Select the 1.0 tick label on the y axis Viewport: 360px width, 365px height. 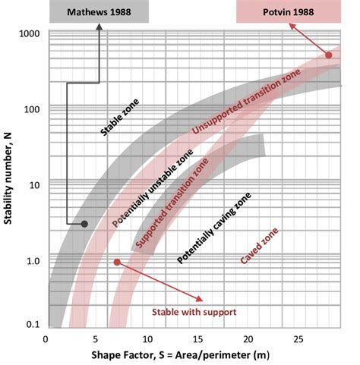[x=32, y=262]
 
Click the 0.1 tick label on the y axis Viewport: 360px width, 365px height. [x=32, y=325]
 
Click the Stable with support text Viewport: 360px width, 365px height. [x=194, y=312]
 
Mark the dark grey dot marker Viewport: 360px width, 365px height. [x=84, y=224]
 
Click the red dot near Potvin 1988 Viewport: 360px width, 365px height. [x=329, y=55]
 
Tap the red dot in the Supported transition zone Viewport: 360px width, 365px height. [x=117, y=262]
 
